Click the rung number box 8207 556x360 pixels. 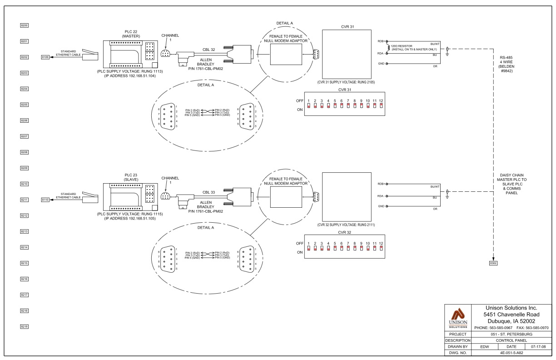[x=25, y=136]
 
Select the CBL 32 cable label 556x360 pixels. [x=209, y=50]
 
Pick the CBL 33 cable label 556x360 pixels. [x=209, y=192]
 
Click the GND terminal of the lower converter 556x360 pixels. [x=387, y=206]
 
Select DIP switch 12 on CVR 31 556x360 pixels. [x=381, y=106]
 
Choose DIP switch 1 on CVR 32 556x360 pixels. [x=308, y=249]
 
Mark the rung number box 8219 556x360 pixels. [x=25, y=327]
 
